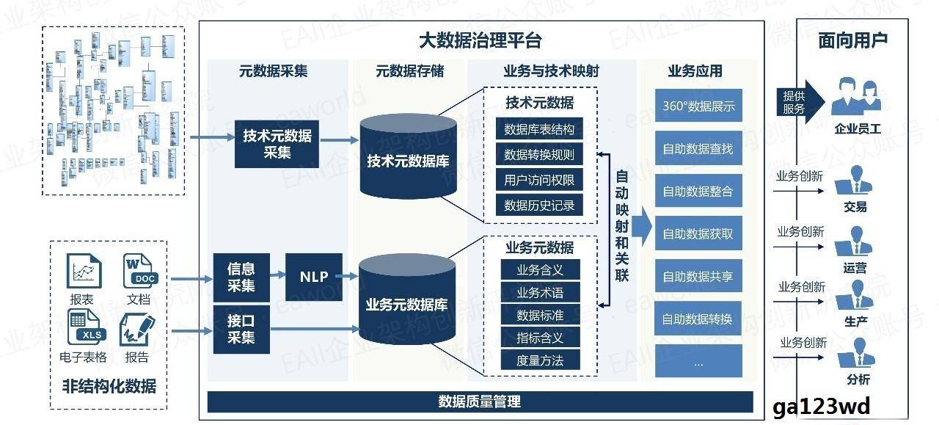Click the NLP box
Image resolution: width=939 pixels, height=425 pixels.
[314, 277]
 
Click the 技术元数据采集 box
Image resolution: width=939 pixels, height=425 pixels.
[277, 144]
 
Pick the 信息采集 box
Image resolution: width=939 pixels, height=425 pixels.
[241, 277]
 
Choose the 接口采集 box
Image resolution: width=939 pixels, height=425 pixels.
[241, 328]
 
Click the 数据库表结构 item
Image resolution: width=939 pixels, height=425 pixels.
[539, 130]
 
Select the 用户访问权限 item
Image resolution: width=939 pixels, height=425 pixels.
[539, 180]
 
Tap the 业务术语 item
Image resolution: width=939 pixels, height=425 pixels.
[540, 293]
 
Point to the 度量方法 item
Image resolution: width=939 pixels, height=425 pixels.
[540, 360]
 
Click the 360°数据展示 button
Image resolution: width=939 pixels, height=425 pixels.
[698, 106]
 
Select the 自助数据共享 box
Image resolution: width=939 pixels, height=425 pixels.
[698, 277]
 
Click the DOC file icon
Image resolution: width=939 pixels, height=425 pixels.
[139, 270]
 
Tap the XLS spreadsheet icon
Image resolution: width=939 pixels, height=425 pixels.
[84, 327]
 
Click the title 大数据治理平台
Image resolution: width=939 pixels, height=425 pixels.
[481, 40]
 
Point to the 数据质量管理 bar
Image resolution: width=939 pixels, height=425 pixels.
[480, 402]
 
